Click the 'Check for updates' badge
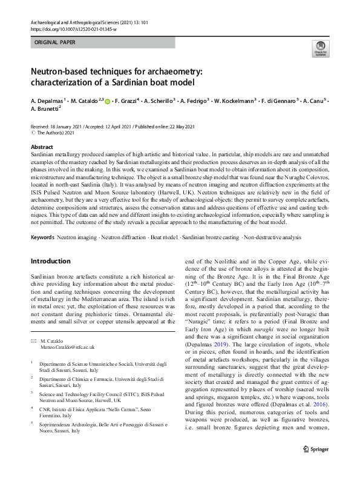click(319, 48)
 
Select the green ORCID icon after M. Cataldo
click(107, 101)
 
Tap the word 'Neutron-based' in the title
click(64, 71)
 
